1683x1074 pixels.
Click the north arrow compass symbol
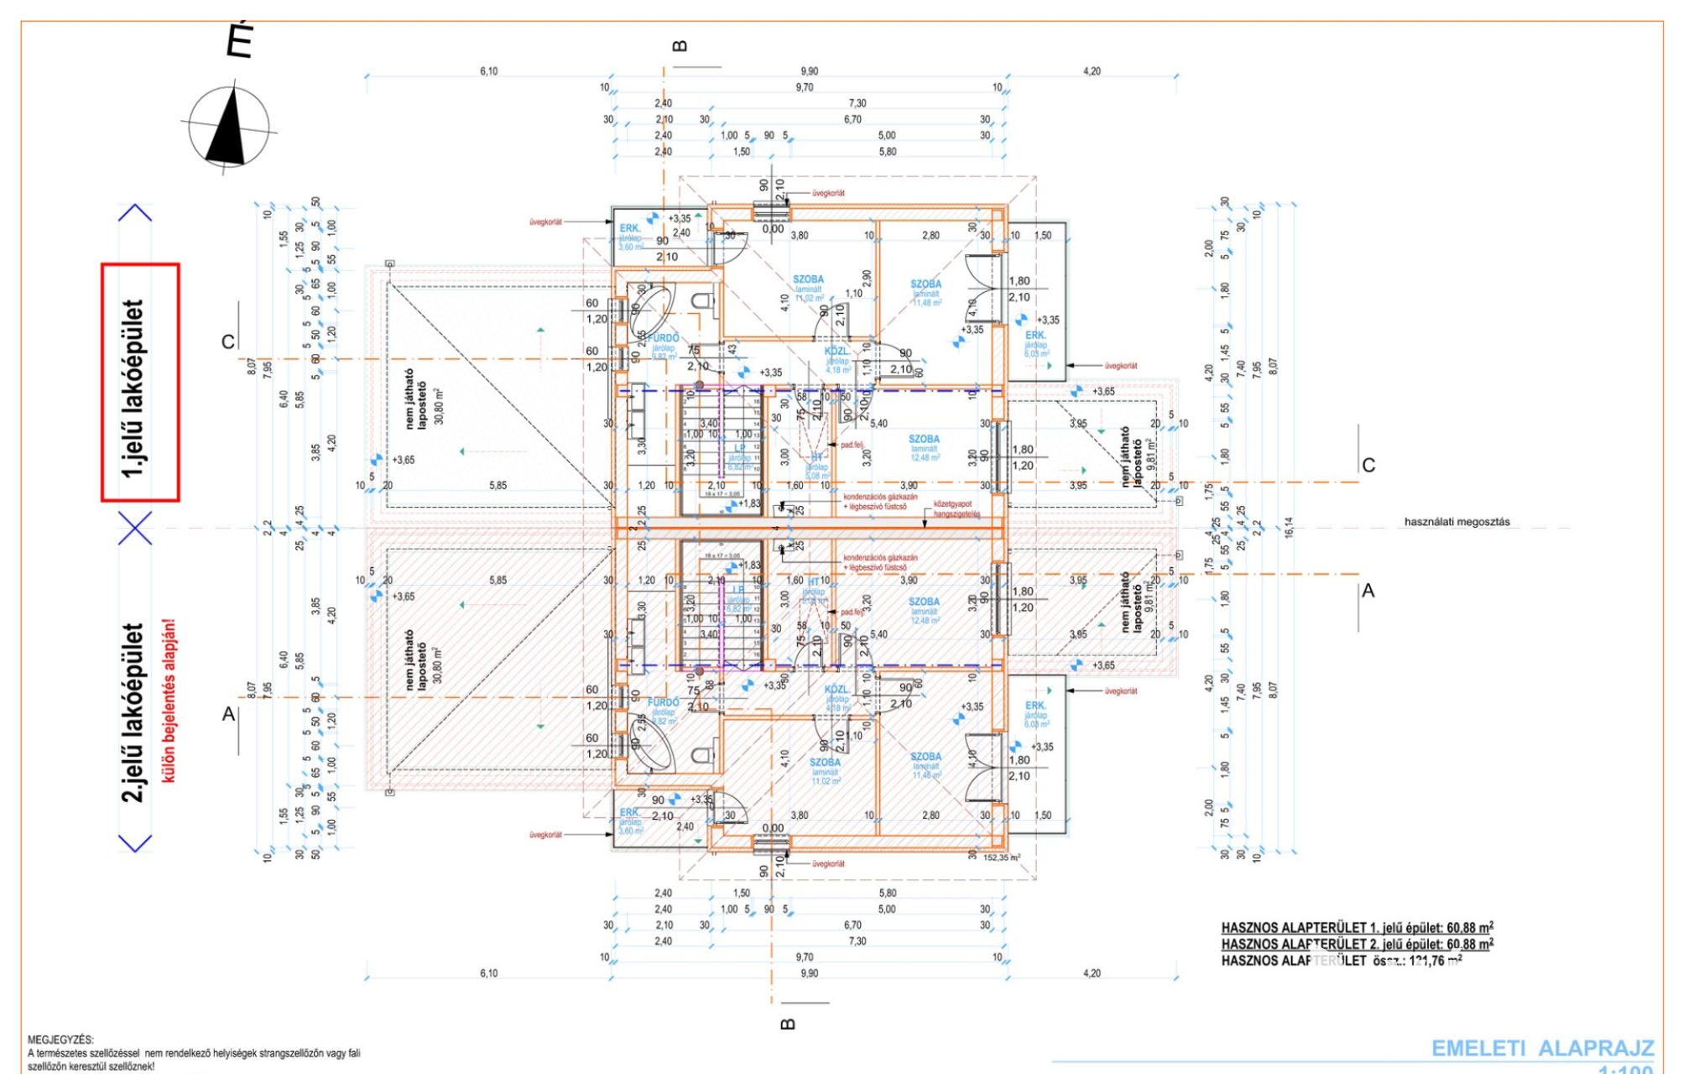click(x=228, y=128)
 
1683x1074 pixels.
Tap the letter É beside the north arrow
click(x=240, y=40)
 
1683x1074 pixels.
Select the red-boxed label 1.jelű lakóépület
click(x=140, y=383)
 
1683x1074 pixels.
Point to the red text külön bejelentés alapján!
click(x=169, y=701)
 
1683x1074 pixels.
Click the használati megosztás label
click(x=1456, y=522)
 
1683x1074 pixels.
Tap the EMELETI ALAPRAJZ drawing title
click(x=1542, y=1048)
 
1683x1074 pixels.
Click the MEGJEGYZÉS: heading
click(x=61, y=1040)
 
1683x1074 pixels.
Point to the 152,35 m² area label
click(x=1002, y=858)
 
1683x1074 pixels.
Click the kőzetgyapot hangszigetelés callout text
click(x=956, y=508)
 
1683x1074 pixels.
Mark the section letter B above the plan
click(x=680, y=46)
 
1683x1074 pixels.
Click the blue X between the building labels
click(x=135, y=528)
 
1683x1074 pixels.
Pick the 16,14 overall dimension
click(x=1289, y=527)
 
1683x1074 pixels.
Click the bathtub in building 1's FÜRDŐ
click(x=652, y=310)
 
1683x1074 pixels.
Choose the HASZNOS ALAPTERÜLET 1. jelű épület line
click(x=1357, y=928)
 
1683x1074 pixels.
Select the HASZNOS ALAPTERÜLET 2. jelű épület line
click(x=1357, y=945)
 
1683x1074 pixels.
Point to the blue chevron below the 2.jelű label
click(x=135, y=842)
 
